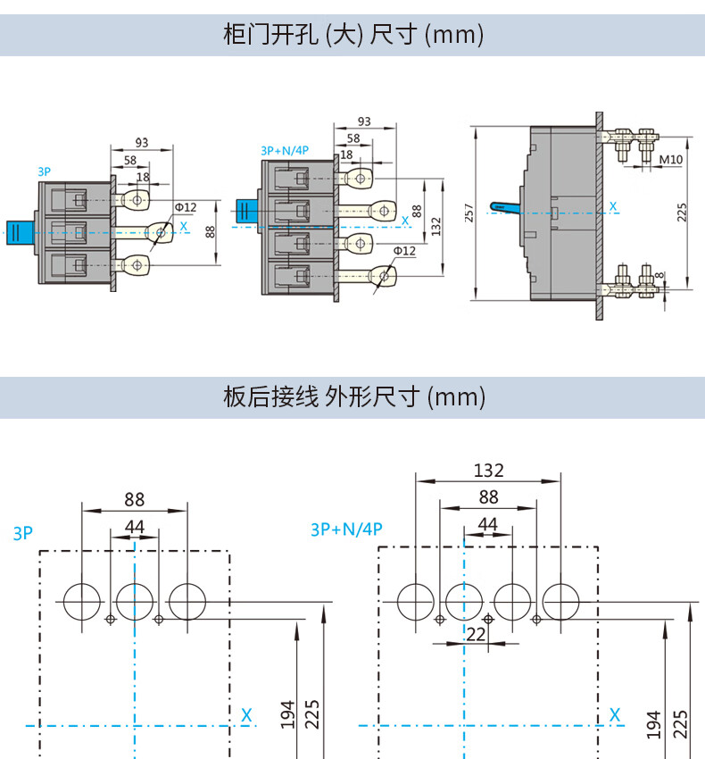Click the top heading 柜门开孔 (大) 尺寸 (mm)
pos(352,35)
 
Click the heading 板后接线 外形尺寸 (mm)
pos(352,396)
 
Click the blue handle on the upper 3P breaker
pos(20,232)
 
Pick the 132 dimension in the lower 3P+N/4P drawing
pos(488,471)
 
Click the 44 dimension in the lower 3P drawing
pos(134,527)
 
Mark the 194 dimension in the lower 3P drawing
pos(287,714)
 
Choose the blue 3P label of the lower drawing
pos(22,534)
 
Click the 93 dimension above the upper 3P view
pos(141,142)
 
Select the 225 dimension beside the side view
pos(682,213)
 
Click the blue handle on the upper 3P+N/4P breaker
pos(246,213)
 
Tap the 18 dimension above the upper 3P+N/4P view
pos(346,154)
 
